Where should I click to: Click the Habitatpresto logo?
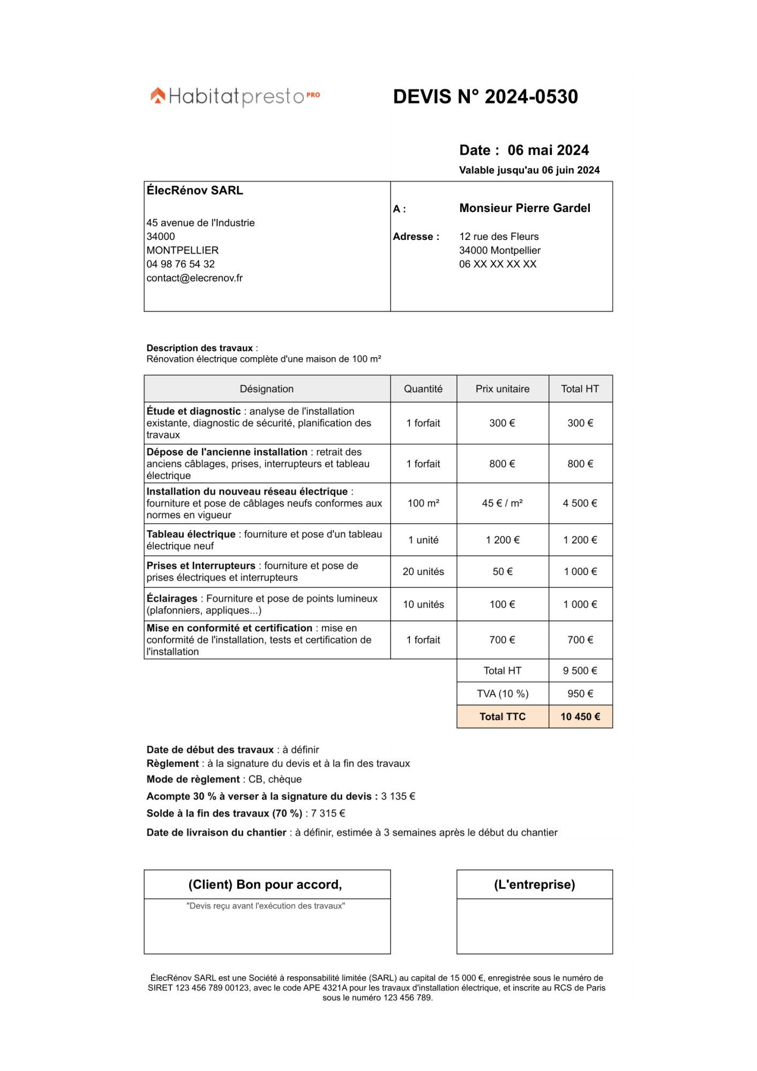click(x=235, y=96)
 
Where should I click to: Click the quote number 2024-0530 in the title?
click(x=531, y=97)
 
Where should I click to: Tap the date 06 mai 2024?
click(x=548, y=150)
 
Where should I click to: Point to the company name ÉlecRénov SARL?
click(x=195, y=191)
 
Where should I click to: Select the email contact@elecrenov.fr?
click(x=194, y=278)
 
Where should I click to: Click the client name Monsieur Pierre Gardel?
click(x=524, y=208)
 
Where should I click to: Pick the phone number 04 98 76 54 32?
click(x=181, y=265)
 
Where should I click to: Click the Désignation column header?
click(x=266, y=389)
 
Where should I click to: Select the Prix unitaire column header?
click(x=502, y=389)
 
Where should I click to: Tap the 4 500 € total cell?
click(x=580, y=503)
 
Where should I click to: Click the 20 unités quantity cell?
click(x=423, y=572)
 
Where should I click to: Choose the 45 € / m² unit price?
click(x=502, y=503)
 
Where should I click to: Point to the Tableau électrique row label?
click(x=191, y=534)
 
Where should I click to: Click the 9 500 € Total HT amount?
click(x=580, y=671)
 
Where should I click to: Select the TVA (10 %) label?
click(x=502, y=694)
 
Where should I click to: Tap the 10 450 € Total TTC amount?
click(x=580, y=717)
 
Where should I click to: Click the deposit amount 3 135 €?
click(x=398, y=797)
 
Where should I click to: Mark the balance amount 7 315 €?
click(x=328, y=814)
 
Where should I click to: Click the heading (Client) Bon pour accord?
click(x=265, y=885)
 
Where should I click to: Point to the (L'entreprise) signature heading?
click(x=534, y=885)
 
